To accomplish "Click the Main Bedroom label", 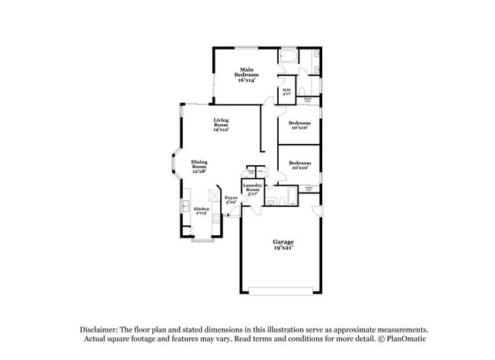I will click(246, 72).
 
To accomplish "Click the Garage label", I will click(283, 242).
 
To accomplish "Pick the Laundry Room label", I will click(253, 187).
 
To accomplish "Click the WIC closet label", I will click(287, 91).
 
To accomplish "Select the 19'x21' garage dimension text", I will click(283, 248).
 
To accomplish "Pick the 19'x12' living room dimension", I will click(221, 130).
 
